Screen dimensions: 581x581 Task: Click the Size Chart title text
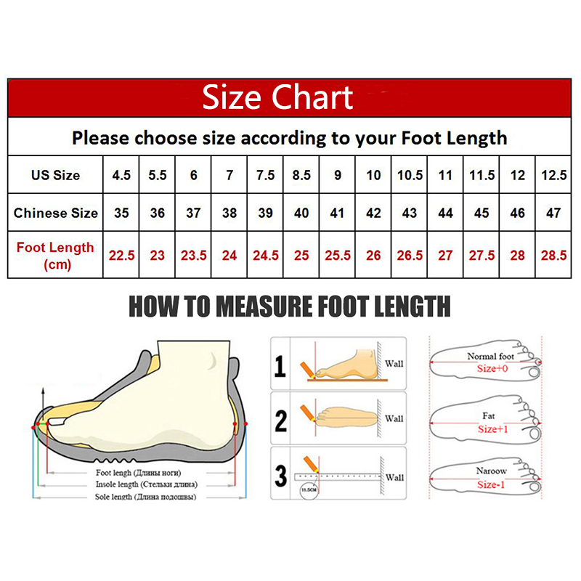(x=277, y=97)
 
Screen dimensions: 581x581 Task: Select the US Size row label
(x=55, y=175)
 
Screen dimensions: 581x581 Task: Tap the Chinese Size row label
(x=55, y=214)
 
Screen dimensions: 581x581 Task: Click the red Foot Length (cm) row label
(x=55, y=255)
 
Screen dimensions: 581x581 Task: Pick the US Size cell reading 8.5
(x=301, y=175)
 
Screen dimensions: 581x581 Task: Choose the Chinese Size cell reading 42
(x=373, y=214)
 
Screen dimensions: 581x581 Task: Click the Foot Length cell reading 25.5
(x=337, y=256)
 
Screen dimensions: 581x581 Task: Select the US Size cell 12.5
(x=554, y=175)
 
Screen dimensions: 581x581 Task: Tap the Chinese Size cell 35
(x=121, y=214)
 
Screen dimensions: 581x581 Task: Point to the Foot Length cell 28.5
(x=554, y=256)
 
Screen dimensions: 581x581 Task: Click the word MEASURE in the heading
(x=248, y=306)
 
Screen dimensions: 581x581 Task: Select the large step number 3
(x=280, y=476)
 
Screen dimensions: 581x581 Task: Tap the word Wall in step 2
(x=394, y=418)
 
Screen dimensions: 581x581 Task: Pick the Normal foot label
(x=492, y=356)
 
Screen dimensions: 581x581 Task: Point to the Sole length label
(x=145, y=497)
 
